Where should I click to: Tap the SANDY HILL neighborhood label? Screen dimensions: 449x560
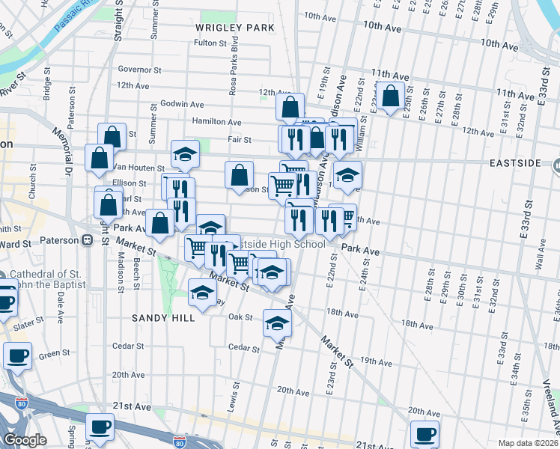tap(163, 318)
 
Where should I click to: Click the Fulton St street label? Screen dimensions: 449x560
tap(210, 43)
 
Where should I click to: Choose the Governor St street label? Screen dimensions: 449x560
tap(140, 69)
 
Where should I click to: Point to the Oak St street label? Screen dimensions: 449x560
tap(240, 317)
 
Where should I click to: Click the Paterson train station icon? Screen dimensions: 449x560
tap(88, 240)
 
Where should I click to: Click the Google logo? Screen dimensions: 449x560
tap(25, 440)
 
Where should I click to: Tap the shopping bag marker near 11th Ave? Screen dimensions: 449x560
tap(390, 97)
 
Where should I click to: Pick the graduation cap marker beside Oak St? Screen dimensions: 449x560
tap(276, 324)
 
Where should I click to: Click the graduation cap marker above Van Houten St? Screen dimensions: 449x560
tap(185, 154)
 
